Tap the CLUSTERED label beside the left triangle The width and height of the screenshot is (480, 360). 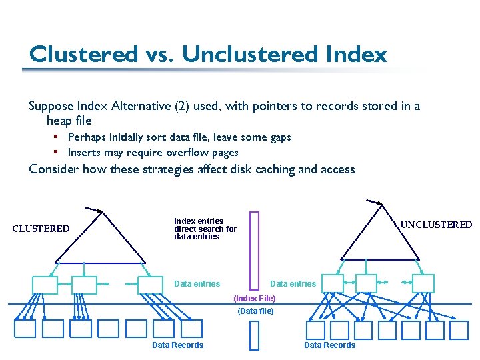41,229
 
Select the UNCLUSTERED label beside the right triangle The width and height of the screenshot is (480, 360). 436,225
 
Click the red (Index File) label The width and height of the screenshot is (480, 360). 254,299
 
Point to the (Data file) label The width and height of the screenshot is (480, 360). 255,311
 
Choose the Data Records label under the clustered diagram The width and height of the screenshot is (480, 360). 177,345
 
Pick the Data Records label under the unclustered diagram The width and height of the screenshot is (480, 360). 329,345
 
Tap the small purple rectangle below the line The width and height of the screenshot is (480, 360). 253,335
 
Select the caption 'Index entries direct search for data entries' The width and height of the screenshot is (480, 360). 205,229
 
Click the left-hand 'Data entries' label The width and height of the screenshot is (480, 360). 197,284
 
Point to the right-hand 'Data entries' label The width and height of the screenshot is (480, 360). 293,284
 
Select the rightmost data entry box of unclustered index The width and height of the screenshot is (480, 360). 423,283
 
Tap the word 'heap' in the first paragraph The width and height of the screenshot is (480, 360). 60,121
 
